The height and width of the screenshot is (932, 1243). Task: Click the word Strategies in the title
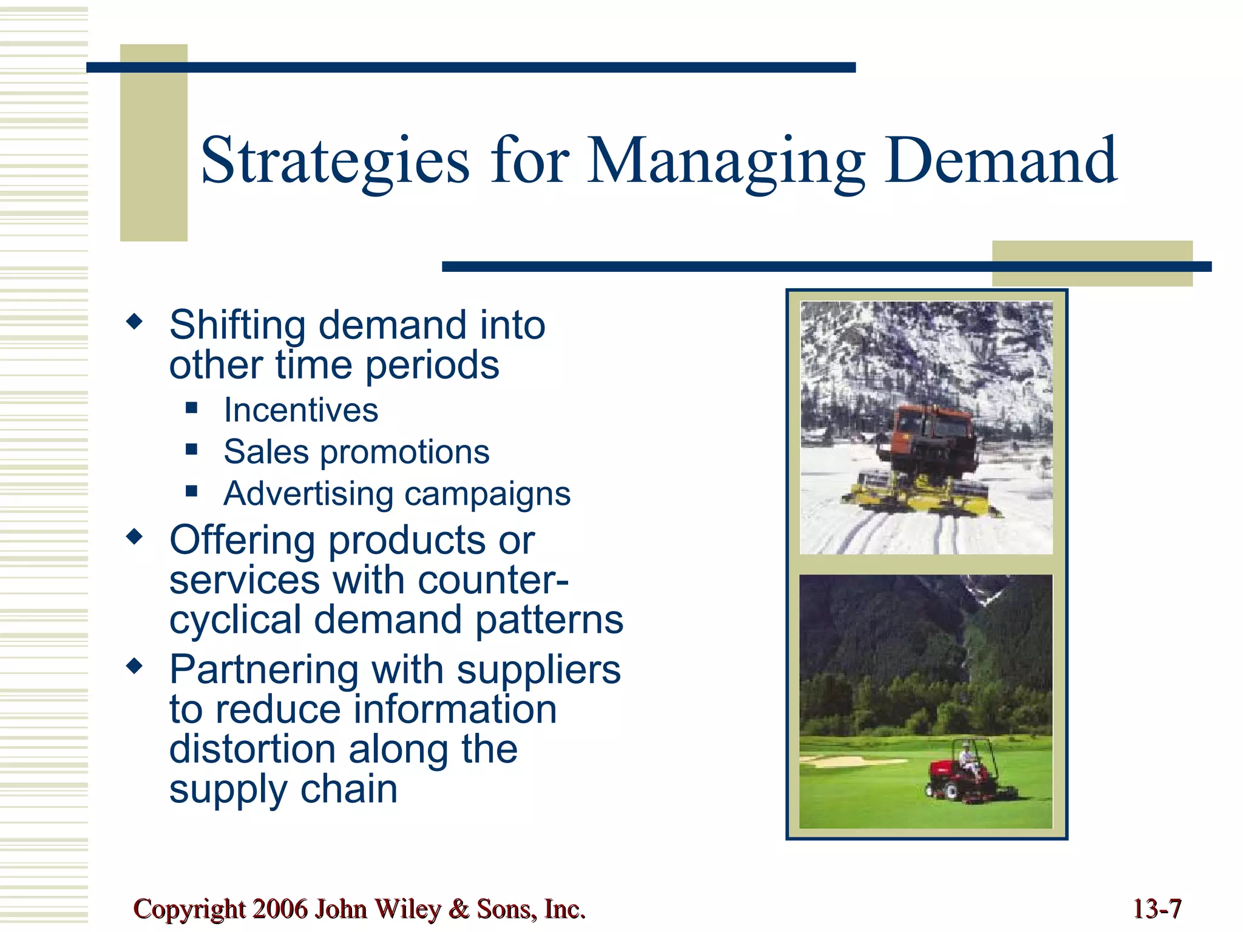[335, 161]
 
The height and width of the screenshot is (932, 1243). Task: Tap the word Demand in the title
[1000, 161]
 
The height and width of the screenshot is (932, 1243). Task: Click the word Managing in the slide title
[726, 161]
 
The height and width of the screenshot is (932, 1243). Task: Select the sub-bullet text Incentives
[300, 410]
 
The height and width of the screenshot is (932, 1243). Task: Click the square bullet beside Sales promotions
[192, 450]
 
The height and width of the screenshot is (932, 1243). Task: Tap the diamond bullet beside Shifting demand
[134, 322]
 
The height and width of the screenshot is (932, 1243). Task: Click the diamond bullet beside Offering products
[134, 536]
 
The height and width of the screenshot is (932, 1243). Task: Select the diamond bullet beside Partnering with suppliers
[134, 666]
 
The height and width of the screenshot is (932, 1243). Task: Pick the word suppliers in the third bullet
[538, 670]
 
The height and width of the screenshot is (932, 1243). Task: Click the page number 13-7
[1157, 909]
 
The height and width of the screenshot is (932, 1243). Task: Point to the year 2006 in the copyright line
[280, 909]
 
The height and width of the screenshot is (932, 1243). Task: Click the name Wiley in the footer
[407, 909]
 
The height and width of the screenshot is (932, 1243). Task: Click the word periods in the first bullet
[432, 365]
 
